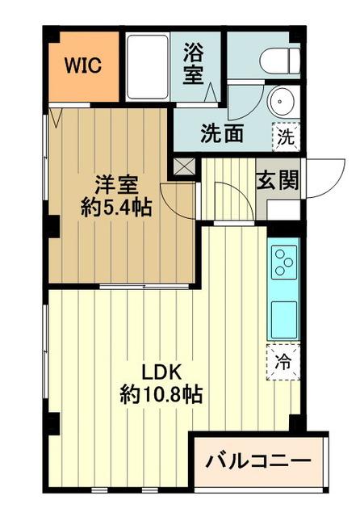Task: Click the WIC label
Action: point(84,65)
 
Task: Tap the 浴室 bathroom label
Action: point(194,62)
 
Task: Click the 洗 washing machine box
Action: point(287,135)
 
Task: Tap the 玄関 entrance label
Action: point(276,179)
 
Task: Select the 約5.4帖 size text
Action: point(116,207)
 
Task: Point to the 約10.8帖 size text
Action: point(161,397)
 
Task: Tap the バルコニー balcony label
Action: point(258,463)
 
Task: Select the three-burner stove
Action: point(283,262)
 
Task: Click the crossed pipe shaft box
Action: point(185,167)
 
